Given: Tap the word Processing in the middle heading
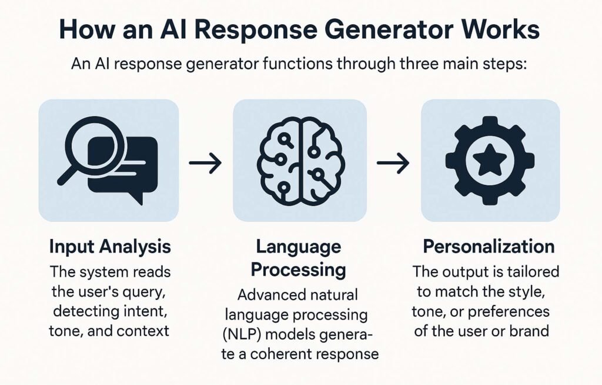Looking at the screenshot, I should [298, 269].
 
